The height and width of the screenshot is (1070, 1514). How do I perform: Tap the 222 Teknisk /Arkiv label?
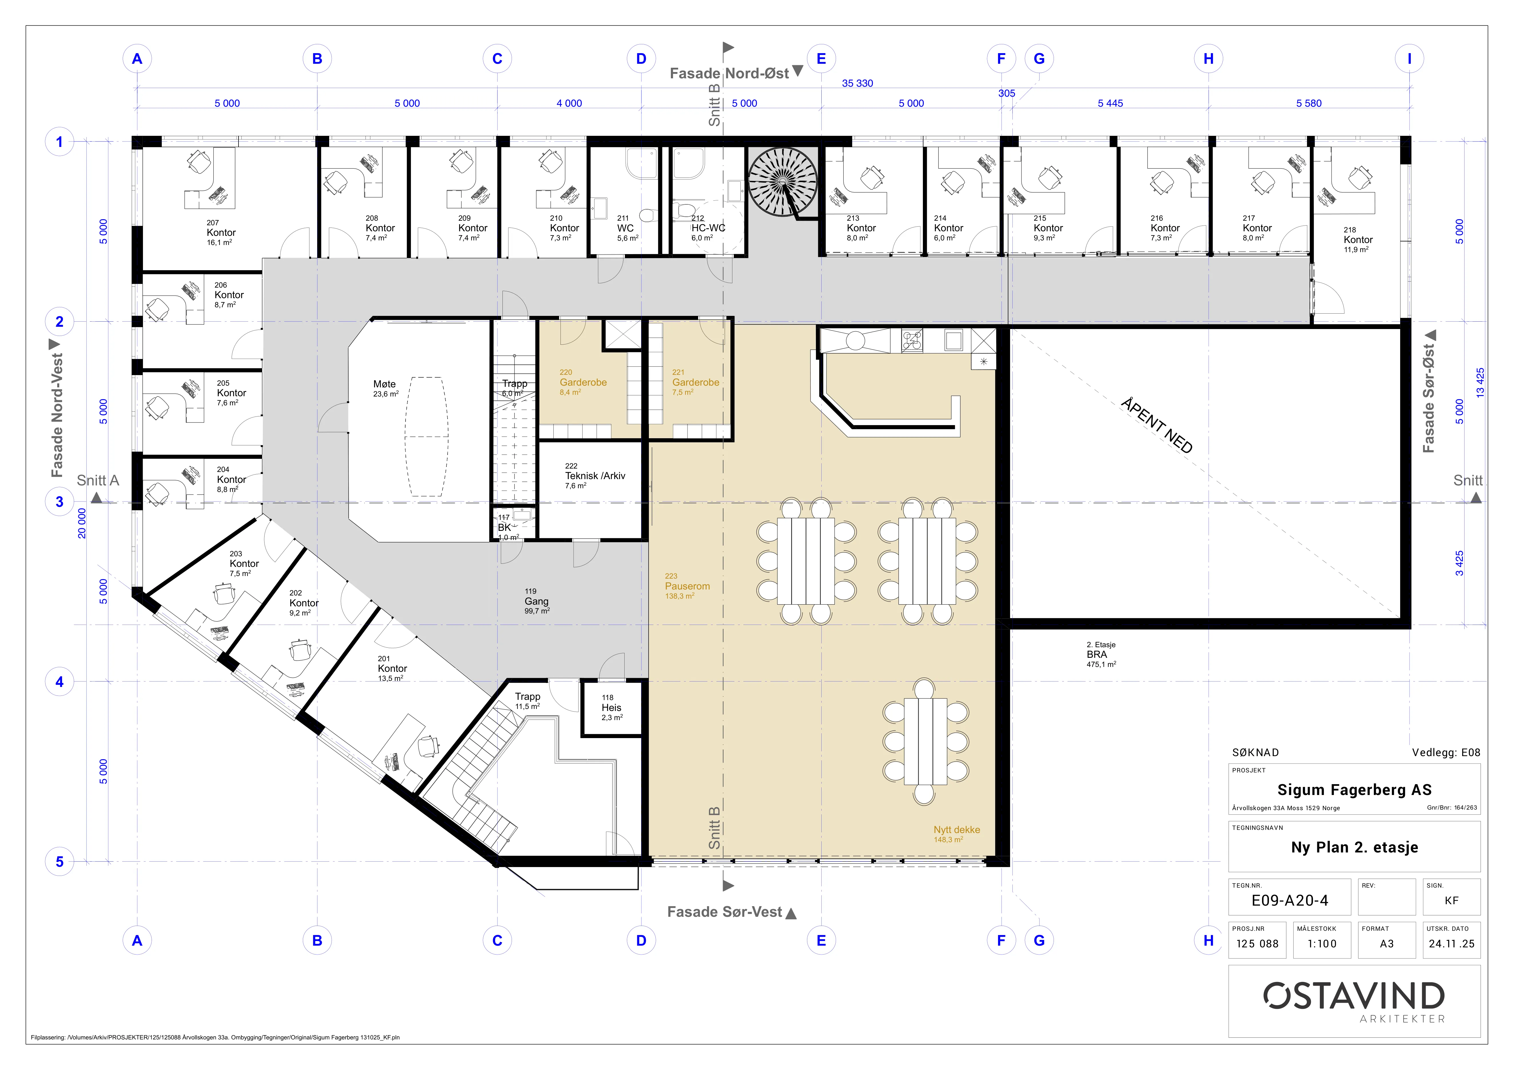[595, 475]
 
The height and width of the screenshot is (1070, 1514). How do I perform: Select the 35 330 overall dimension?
[857, 83]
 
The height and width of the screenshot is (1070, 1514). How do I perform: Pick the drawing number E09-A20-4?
[1290, 900]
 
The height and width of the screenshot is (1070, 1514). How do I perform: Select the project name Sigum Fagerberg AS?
[1354, 790]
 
